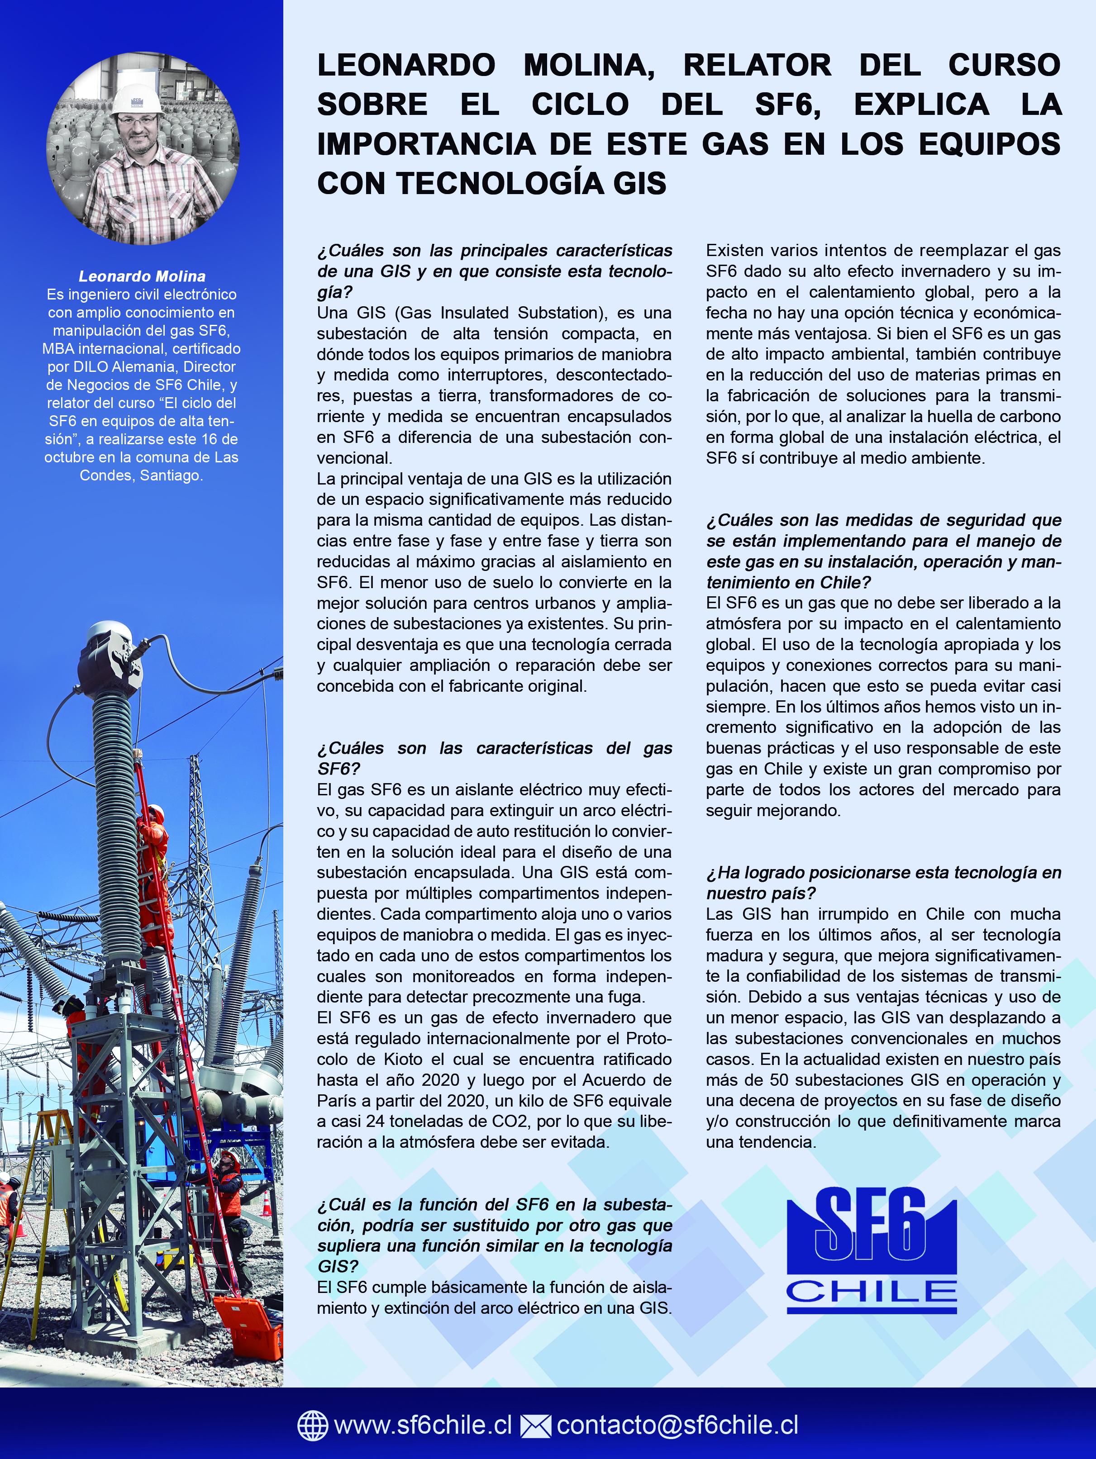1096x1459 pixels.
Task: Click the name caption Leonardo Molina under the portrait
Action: pos(142,276)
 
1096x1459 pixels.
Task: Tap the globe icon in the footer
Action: pos(313,1425)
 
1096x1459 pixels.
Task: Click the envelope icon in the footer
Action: pos(535,1425)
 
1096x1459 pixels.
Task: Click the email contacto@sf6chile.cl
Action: pos(677,1425)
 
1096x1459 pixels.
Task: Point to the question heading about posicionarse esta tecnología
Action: pos(883,883)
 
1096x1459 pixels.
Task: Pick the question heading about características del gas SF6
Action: pos(494,759)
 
